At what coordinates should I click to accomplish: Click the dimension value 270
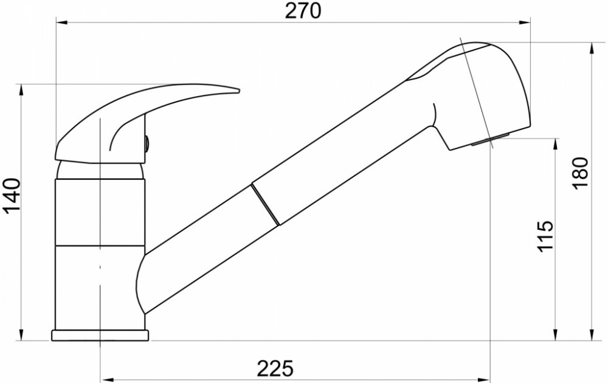tap(303, 11)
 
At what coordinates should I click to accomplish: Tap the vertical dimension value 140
tap(12, 196)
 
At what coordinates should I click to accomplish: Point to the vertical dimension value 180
tap(581, 173)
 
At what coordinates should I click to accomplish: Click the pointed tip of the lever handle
tap(238, 91)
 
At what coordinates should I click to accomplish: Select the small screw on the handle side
tap(147, 144)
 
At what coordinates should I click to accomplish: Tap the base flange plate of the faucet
tap(100, 336)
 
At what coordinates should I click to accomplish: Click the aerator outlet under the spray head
tap(490, 140)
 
